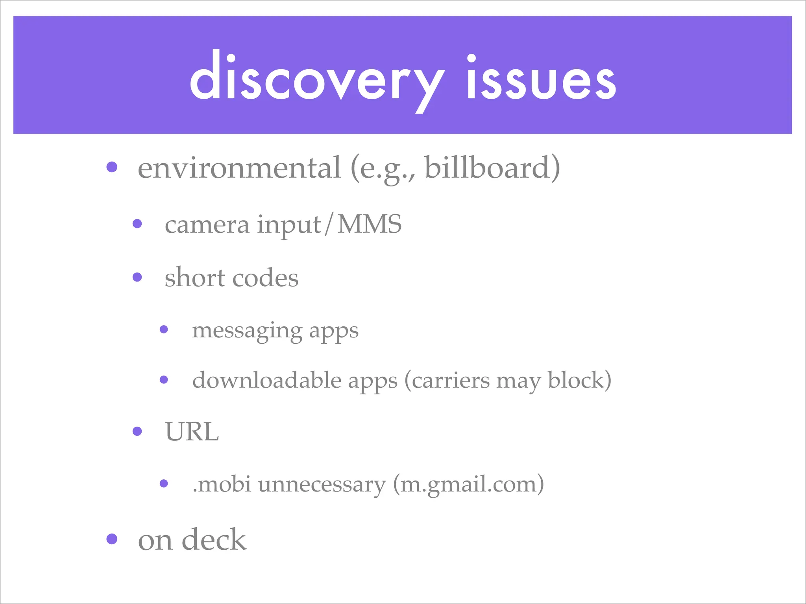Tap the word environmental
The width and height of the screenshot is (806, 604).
(x=239, y=168)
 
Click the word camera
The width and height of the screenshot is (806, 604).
(x=207, y=225)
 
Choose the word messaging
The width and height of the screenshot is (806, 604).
(x=247, y=330)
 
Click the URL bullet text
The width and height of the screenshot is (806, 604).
(x=192, y=432)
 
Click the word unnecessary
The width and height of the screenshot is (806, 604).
(x=322, y=484)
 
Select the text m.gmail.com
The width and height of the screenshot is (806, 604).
(x=468, y=484)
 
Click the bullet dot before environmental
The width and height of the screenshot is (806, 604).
(x=112, y=167)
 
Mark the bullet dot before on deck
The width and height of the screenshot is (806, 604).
(x=112, y=539)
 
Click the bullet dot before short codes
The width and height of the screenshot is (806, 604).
(x=137, y=278)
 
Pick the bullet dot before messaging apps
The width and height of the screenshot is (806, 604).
(x=164, y=330)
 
